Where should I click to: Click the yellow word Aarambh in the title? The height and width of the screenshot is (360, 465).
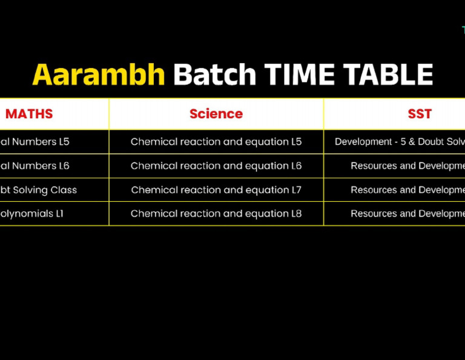[x=98, y=75]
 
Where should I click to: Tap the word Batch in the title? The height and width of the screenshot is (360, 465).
[x=214, y=75]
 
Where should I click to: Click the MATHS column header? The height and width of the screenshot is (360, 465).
[x=29, y=114]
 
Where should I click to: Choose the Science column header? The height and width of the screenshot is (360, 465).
[x=216, y=114]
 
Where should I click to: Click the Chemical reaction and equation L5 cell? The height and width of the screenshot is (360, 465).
[x=216, y=142]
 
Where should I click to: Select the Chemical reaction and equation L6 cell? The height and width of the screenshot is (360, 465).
[x=216, y=166]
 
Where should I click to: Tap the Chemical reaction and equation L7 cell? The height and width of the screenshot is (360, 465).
[x=216, y=190]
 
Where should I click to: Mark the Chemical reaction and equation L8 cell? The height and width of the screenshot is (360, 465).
[x=216, y=213]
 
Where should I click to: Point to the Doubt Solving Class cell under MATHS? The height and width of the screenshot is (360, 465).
[x=39, y=190]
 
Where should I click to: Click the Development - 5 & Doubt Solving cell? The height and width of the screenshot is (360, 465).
[x=400, y=142]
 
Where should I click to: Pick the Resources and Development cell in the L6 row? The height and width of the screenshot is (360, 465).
[x=407, y=166]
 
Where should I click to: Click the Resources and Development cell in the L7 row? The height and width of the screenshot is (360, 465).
[x=407, y=190]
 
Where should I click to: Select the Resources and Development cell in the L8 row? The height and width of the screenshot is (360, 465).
[x=407, y=213]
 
